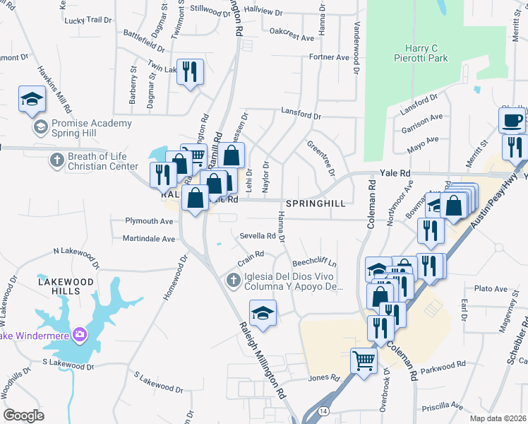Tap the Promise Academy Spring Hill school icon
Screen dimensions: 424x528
(40, 127)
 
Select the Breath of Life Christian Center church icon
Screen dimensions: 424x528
(56, 160)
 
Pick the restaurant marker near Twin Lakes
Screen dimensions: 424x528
(189, 73)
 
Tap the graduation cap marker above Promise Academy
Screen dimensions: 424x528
(32, 100)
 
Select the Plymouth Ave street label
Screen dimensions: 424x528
(149, 221)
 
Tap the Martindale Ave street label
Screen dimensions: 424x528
(149, 239)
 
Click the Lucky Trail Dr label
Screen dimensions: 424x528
(88, 20)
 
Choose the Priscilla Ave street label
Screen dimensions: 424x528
(443, 408)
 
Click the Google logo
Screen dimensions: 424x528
(24, 416)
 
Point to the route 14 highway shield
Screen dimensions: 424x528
(323, 411)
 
